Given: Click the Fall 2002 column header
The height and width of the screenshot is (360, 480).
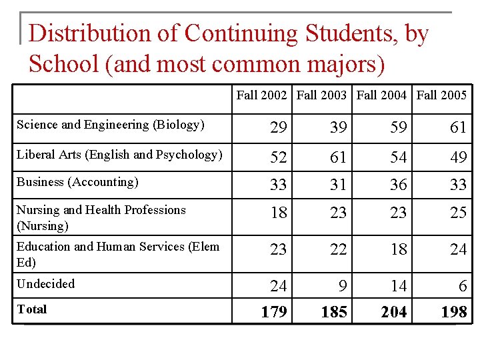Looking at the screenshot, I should point(262,95).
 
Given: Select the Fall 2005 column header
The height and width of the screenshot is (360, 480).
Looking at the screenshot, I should point(442,95).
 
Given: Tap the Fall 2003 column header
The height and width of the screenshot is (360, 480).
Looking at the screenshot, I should point(322,95).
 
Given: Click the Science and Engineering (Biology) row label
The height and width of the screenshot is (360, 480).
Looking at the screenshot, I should point(111,125).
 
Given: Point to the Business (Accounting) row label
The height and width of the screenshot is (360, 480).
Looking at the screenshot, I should point(77,182).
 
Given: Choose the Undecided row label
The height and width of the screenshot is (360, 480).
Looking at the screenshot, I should point(45,284).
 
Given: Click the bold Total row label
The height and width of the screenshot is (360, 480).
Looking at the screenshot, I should point(31,309).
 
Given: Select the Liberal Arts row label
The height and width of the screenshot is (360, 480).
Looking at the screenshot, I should point(119,155).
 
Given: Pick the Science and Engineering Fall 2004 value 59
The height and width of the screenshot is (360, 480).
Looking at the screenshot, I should point(399,127).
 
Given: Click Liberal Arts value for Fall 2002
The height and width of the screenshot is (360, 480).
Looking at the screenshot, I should point(278,157).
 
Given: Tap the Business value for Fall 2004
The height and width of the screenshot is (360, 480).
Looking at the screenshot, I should point(399,185).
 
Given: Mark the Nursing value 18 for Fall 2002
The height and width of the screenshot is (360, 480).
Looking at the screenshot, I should point(278,213).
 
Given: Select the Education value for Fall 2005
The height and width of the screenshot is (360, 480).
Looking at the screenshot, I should point(458,250).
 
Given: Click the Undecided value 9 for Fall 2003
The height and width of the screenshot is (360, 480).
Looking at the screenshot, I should point(343,287).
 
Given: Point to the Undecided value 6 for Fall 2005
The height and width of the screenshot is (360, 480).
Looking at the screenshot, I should point(462,287).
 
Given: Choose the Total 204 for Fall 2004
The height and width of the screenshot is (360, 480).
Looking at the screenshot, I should point(394,311).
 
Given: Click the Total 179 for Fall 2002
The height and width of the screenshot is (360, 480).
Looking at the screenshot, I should point(273,311).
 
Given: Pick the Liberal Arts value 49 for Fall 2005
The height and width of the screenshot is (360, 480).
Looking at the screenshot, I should point(458,157).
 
